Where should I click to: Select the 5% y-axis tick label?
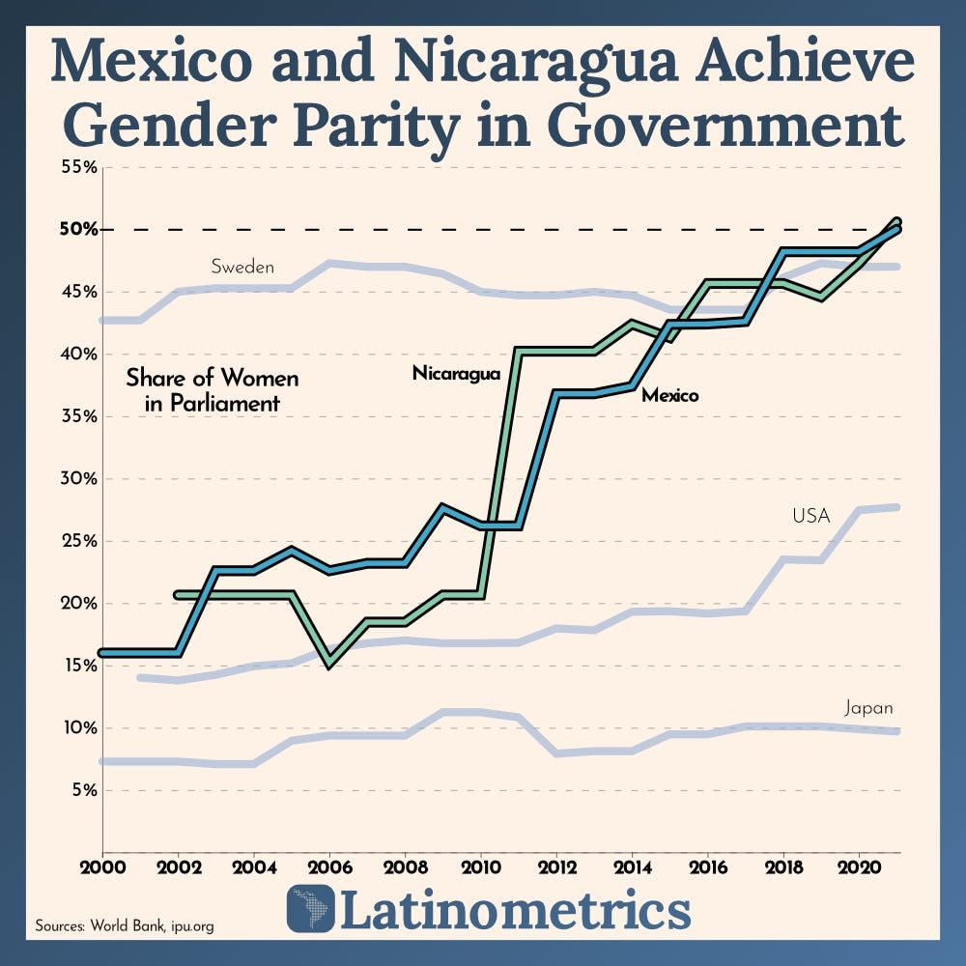(81, 790)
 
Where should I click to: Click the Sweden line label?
(242, 267)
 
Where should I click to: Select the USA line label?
(810, 516)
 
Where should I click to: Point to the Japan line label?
(868, 708)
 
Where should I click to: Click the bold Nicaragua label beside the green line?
(456, 373)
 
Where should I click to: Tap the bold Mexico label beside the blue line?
(670, 395)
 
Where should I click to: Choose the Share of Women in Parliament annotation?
(213, 390)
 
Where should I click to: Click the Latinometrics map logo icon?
(311, 909)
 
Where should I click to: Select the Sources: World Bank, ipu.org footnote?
(125, 925)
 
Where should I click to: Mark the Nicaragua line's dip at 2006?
(329, 664)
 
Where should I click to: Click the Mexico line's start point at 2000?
(103, 653)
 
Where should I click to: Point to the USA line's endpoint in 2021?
(897, 507)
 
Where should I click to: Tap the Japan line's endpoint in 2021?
(897, 731)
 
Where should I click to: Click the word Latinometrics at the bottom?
(516, 910)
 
